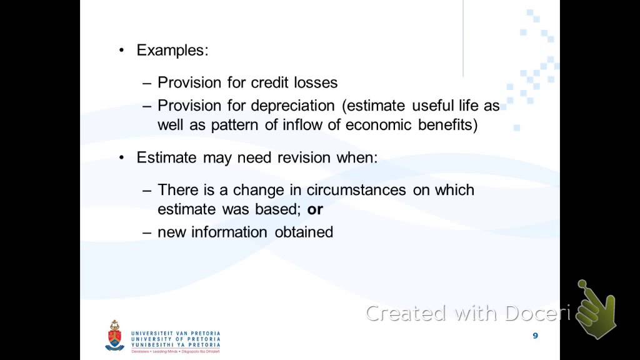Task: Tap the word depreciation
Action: (x=293, y=106)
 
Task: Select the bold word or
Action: (x=315, y=209)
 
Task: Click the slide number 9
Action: (x=535, y=336)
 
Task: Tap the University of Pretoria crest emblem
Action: (x=114, y=336)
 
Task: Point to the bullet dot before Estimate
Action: (x=122, y=158)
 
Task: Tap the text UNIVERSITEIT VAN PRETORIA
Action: (x=176, y=334)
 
